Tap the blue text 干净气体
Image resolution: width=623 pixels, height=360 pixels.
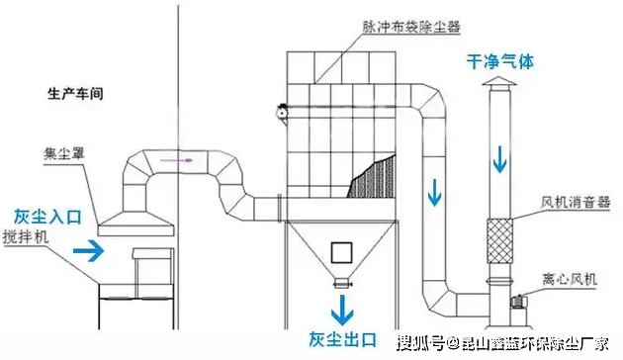pyautogui.click(x=500, y=60)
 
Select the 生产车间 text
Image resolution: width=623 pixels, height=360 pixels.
pyautogui.click(x=76, y=95)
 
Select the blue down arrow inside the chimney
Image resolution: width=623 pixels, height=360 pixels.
pyautogui.click(x=501, y=155)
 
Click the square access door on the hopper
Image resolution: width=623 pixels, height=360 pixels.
pyautogui.click(x=343, y=250)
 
